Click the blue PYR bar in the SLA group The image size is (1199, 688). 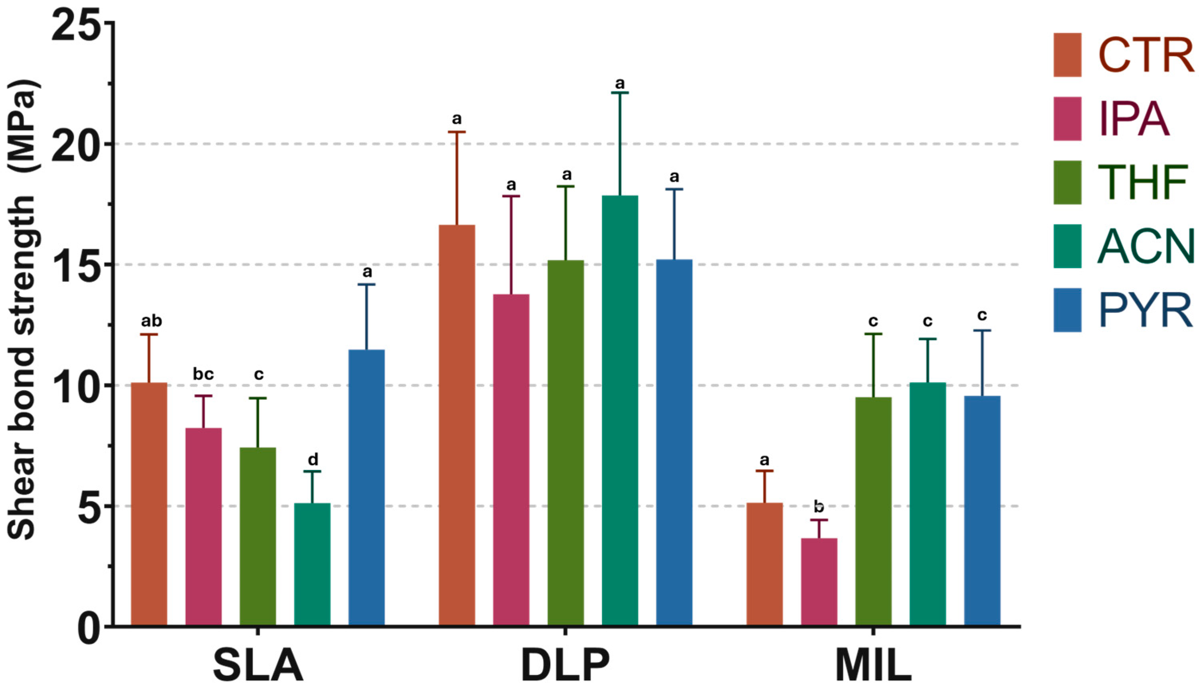pos(366,487)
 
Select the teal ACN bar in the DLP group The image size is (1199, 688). pos(620,411)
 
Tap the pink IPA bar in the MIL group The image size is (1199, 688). pos(819,582)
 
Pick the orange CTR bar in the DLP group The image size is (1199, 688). pos(457,425)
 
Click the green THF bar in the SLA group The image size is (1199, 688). pos(258,537)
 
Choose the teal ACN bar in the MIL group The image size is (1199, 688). pos(928,504)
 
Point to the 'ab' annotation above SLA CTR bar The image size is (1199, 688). pos(151,321)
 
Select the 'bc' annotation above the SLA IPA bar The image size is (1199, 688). pos(203,374)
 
